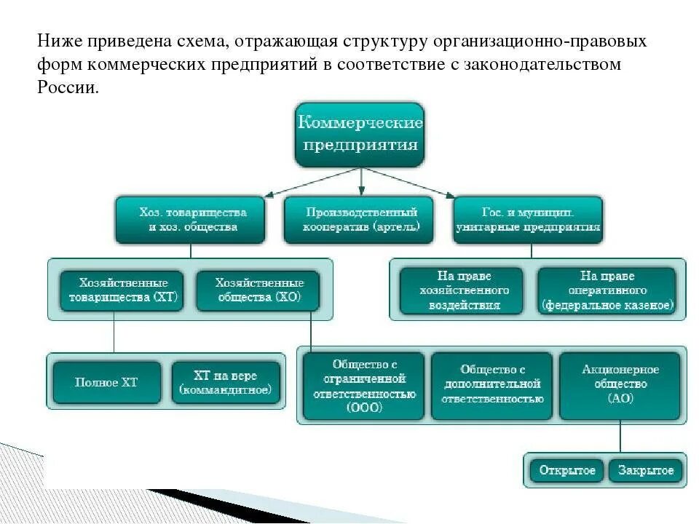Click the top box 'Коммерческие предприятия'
(x=359, y=133)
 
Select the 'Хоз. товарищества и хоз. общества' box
(x=192, y=220)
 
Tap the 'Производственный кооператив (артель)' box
(x=360, y=220)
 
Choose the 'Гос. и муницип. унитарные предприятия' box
(x=528, y=220)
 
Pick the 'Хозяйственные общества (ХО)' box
(x=258, y=290)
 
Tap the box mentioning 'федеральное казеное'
(x=607, y=290)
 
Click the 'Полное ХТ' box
(x=106, y=382)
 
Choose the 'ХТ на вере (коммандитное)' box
(x=225, y=382)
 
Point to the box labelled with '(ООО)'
(x=363, y=386)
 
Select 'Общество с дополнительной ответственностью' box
(x=491, y=386)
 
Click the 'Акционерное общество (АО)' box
(x=620, y=386)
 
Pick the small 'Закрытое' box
(x=646, y=470)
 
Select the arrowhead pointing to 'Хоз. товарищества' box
(x=269, y=195)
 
